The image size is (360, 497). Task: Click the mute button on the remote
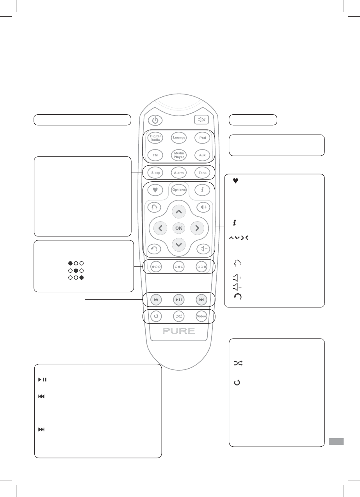tap(202, 120)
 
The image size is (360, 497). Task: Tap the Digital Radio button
tap(155, 138)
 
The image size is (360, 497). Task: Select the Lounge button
tap(179, 138)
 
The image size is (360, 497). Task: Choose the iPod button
tap(202, 138)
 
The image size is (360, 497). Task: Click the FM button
tap(155, 155)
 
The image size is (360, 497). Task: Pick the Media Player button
tap(179, 155)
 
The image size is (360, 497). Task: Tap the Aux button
tap(202, 155)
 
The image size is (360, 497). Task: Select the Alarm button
tap(179, 172)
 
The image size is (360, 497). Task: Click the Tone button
tap(202, 172)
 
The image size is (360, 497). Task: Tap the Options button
tap(179, 190)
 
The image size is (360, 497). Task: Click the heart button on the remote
tap(155, 190)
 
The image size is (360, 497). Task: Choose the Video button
tap(201, 316)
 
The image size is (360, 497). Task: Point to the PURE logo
tap(178, 331)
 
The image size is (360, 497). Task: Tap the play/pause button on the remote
tap(179, 300)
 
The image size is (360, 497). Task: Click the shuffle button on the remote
tap(179, 316)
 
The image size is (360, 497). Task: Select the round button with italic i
tap(202, 190)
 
